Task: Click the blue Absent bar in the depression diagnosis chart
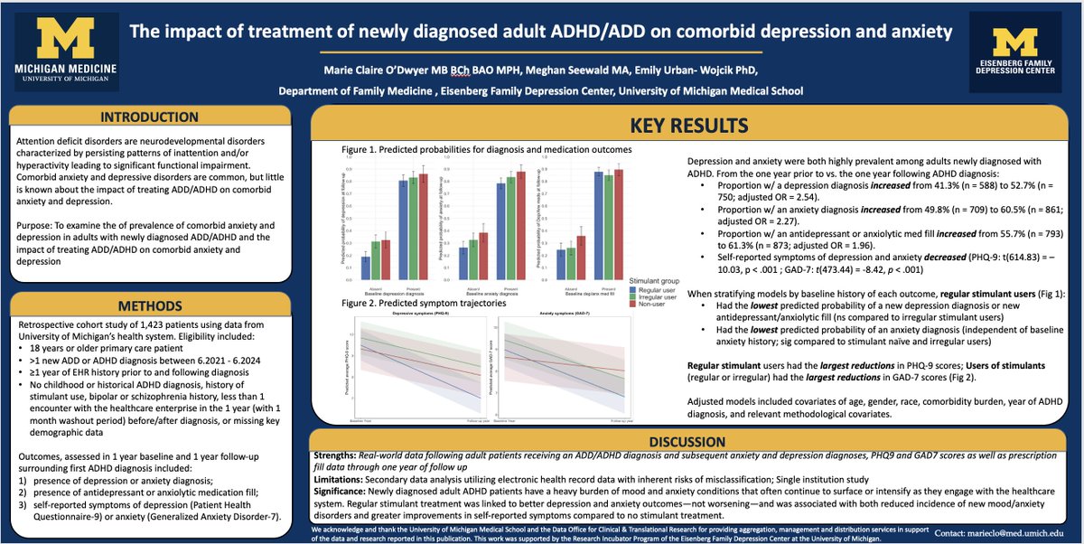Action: (365, 268)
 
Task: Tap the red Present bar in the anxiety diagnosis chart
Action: (519, 223)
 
